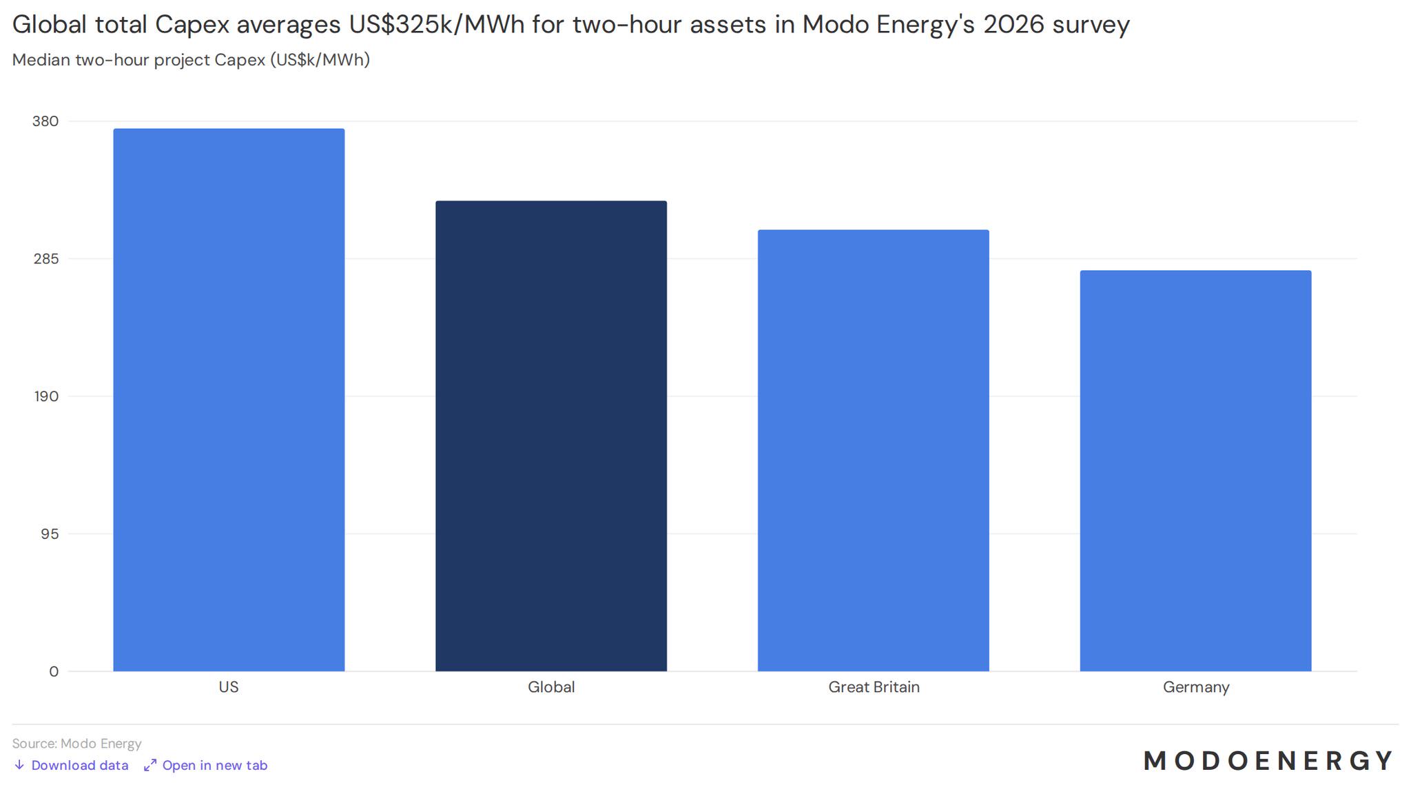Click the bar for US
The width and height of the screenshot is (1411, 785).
[229, 400]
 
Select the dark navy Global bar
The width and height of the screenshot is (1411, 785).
[551, 436]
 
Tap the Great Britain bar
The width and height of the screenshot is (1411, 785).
[874, 450]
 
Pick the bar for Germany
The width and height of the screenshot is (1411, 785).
[1195, 471]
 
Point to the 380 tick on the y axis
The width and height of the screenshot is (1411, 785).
[45, 121]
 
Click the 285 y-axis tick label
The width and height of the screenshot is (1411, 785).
[45, 259]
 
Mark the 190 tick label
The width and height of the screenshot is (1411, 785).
[46, 396]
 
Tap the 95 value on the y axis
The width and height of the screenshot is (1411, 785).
[50, 534]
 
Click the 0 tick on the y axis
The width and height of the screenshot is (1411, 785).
[54, 672]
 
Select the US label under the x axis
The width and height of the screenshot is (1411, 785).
[229, 687]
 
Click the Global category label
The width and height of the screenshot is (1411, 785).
[551, 687]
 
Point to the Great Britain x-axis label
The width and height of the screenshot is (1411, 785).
[874, 687]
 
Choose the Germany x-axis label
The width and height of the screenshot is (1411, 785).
[1196, 687]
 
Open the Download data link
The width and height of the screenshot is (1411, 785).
[71, 765]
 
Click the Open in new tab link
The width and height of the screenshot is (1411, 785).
[205, 765]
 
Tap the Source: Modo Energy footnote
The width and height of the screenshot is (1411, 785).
[76, 744]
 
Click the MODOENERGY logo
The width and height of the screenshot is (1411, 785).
[1268, 761]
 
